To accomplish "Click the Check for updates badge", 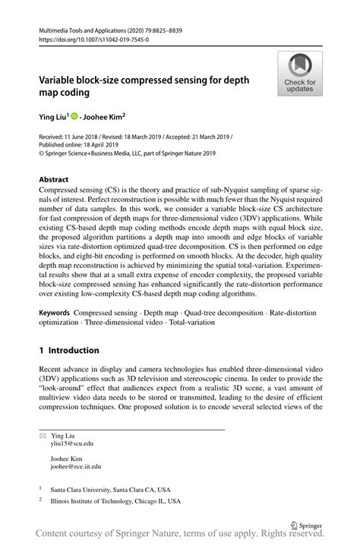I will pyautogui.click(x=301, y=74).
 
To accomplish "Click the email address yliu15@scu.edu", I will pyautogui.click(x=72, y=443).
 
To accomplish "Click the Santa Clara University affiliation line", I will pyautogui.click(x=110, y=490).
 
